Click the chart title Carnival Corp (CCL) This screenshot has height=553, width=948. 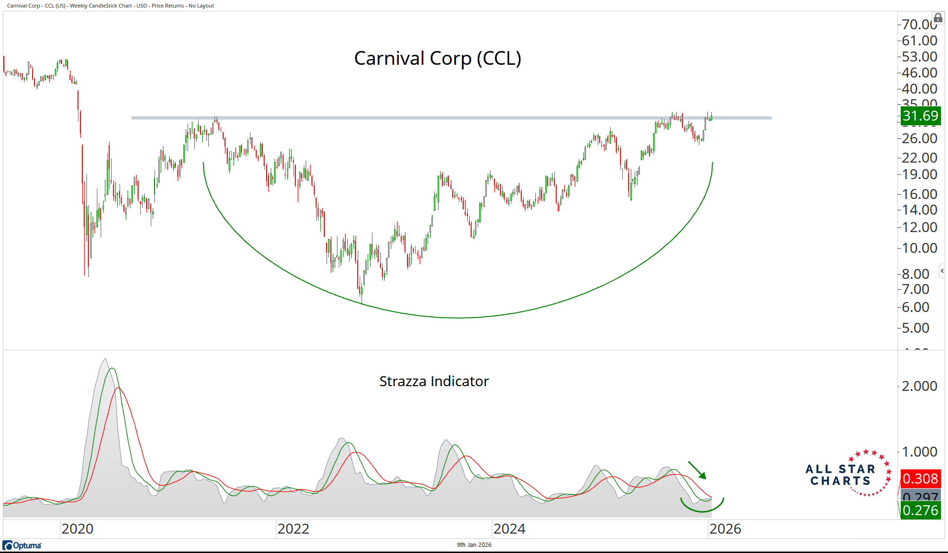(438, 59)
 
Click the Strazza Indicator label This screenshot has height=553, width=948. (434, 381)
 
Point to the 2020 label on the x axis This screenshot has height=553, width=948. (78, 529)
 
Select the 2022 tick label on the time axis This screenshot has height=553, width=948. (293, 529)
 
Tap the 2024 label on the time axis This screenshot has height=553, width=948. (509, 529)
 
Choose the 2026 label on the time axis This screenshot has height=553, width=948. (725, 529)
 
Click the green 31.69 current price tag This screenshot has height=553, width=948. (920, 116)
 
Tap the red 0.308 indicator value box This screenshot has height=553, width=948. (920, 479)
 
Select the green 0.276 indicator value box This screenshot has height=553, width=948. (920, 510)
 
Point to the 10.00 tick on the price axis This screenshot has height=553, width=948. (919, 248)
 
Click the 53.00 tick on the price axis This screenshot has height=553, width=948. (919, 57)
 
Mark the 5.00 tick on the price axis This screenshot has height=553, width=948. (915, 328)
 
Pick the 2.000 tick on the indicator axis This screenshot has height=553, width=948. (919, 386)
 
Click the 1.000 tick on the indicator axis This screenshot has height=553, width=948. (919, 452)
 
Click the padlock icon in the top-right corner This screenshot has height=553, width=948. (938, 18)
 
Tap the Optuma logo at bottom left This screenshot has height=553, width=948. (22, 545)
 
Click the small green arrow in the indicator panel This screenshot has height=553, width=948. (698, 471)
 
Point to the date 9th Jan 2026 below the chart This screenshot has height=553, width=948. (474, 545)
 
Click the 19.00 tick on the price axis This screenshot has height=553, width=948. (919, 174)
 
